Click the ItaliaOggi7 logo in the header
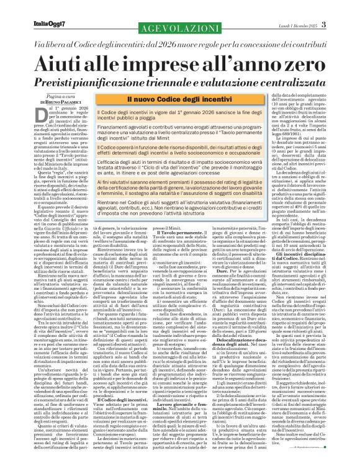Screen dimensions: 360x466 (32, 7)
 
